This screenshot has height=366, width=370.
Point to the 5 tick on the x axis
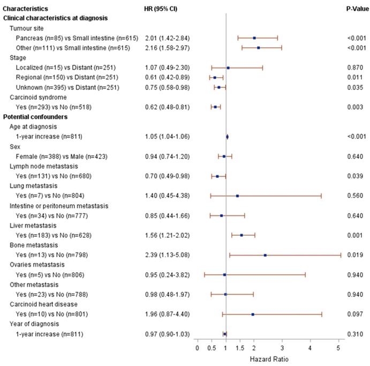tap(338, 348)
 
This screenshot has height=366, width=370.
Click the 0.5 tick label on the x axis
tap(212, 348)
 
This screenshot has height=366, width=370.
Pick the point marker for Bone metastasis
tap(265, 255)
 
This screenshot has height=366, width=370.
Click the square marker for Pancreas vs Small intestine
tap(254, 38)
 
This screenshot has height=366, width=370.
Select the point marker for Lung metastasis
tap(237, 196)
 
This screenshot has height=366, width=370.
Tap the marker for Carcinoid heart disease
tap(253, 314)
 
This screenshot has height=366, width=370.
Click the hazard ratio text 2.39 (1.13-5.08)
tap(167, 255)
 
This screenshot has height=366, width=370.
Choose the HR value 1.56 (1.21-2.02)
tap(167, 235)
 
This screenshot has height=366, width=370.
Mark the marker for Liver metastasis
tap(241, 235)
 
